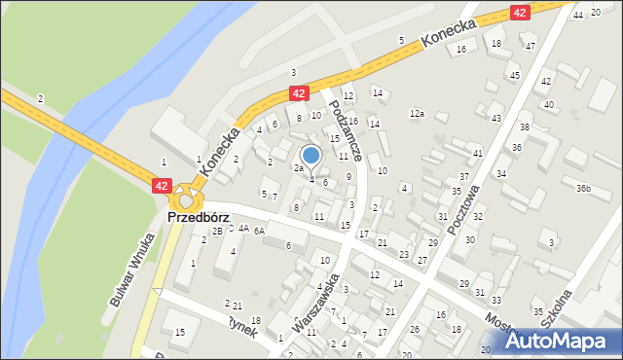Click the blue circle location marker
[x=311, y=155]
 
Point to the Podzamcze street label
[x=347, y=126]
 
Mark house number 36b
[x=582, y=188]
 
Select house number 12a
[x=417, y=114]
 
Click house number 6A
[x=259, y=232]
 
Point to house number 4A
[x=242, y=230]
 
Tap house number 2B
[x=218, y=231]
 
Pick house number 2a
[x=299, y=168]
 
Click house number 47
[x=530, y=46]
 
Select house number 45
[x=514, y=75]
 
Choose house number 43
[x=495, y=118]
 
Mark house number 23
[x=403, y=254]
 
